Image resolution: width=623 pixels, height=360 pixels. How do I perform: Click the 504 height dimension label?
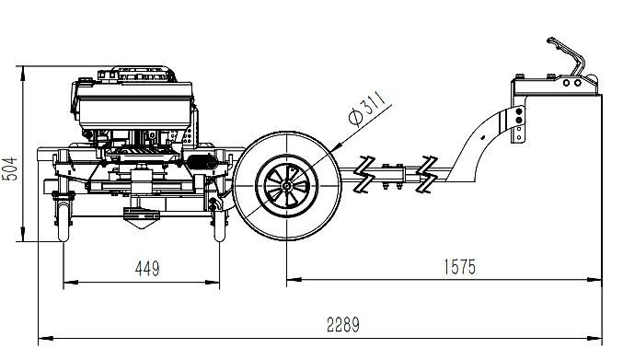tap(11, 168)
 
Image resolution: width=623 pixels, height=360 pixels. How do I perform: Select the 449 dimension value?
tap(147, 269)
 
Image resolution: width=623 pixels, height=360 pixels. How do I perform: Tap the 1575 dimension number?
tap(459, 267)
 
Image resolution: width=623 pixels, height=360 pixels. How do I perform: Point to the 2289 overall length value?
tap(343, 324)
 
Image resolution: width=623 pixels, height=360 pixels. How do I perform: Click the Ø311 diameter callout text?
tap(367, 108)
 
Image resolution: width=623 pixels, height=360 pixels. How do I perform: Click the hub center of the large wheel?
tap(286, 186)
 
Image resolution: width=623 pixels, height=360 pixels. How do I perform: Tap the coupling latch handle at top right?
tap(566, 54)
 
